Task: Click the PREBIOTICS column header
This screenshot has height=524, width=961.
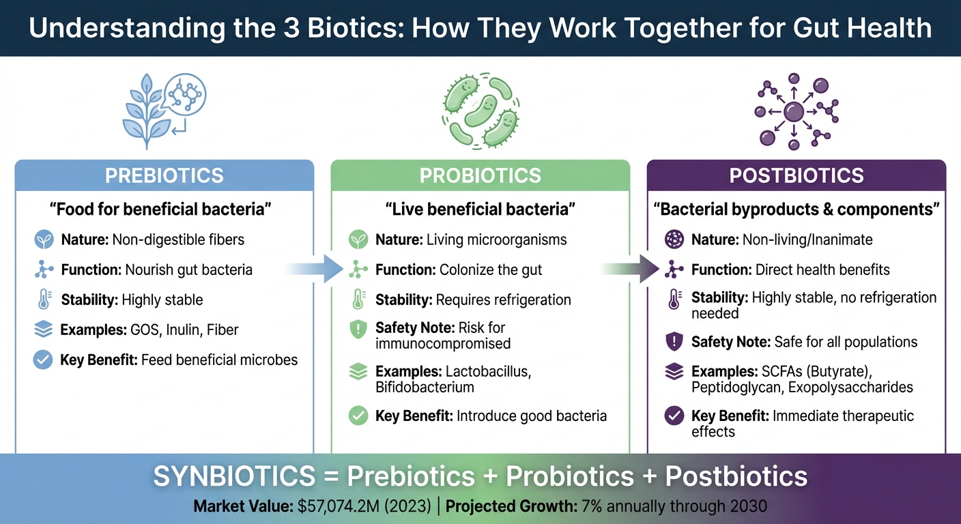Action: tap(164, 175)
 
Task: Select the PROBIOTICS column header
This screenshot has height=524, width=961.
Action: tap(480, 175)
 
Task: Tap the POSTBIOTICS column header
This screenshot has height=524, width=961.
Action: tap(796, 175)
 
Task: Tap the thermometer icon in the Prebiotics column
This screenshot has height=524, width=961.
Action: tap(43, 300)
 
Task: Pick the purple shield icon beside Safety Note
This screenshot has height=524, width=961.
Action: tap(674, 342)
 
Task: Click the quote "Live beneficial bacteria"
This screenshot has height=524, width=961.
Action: tap(480, 209)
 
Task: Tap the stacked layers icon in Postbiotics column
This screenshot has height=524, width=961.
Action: tap(674, 372)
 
